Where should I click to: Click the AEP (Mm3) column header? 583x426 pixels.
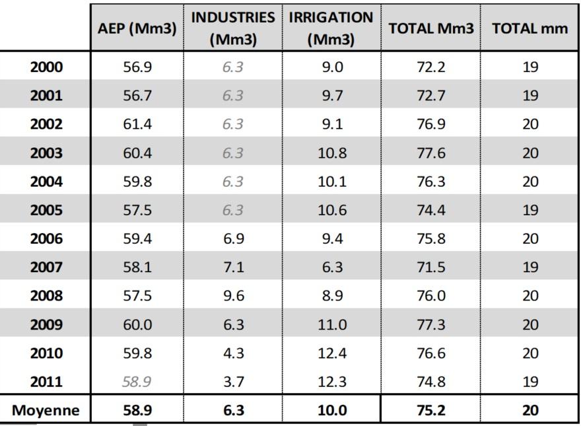137,28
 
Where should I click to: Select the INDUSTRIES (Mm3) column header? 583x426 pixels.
233,28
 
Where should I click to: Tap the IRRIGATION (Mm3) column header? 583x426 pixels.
331,28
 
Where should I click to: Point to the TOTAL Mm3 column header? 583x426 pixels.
431,28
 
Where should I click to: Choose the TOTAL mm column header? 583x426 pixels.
530,28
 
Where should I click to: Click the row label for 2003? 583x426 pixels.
46,153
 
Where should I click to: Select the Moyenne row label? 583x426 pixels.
46,410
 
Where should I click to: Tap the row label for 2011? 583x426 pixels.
46,382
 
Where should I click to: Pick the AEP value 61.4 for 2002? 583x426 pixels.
137,124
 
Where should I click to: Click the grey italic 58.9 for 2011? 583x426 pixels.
137,382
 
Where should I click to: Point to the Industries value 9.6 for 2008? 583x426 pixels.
234,296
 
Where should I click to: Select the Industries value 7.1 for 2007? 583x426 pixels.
234,267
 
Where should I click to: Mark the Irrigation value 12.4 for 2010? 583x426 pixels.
332,353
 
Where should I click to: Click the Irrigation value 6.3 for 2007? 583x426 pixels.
332,267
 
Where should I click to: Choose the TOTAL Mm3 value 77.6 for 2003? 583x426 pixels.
431,153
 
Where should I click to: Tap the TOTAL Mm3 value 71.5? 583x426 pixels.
431,267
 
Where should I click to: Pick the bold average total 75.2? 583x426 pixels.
431,410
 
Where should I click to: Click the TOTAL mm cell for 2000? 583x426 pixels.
530,67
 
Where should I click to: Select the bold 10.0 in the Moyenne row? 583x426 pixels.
332,410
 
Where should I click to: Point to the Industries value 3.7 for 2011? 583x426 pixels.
234,382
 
